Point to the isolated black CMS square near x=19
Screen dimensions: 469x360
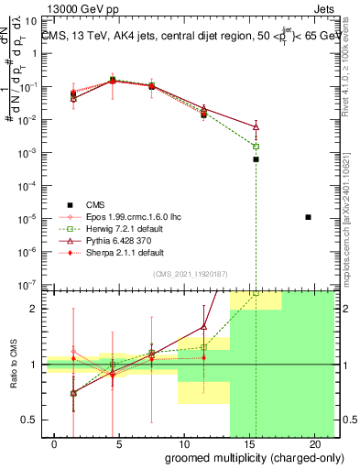pos(309,217)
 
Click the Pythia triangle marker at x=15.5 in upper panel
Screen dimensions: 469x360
pos(256,126)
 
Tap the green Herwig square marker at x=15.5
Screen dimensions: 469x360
pos(256,147)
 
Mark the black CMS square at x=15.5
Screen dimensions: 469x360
pos(256,159)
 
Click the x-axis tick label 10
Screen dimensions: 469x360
pos(183,443)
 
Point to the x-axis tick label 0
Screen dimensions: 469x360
pos(44,443)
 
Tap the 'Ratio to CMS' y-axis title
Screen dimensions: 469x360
pos(12,376)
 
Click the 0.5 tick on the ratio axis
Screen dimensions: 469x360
pos(30,420)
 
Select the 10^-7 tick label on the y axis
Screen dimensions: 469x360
pos(29,285)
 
